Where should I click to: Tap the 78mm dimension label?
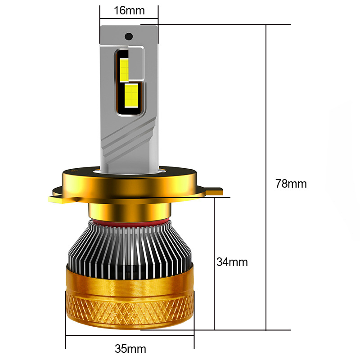pos(290,184)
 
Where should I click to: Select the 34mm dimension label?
pos(232,262)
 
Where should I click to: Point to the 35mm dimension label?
pos(130,349)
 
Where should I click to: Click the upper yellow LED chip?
pos(124,67)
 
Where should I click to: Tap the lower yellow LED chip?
pos(131,94)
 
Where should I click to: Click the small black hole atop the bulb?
pos(128,36)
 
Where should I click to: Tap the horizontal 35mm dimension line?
pos(90,335)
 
